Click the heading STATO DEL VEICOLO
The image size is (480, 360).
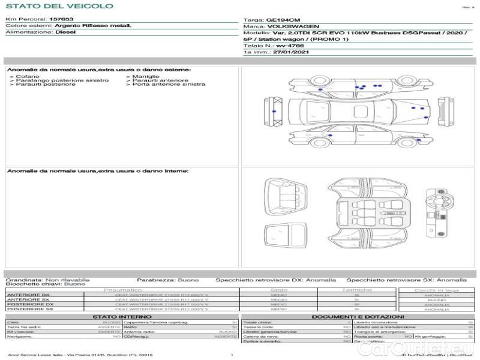click(59, 7)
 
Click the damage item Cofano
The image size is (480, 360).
click(28, 77)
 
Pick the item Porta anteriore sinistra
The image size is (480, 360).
click(169, 84)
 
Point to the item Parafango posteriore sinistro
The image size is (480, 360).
click(62, 80)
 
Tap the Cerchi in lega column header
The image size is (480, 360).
click(436, 290)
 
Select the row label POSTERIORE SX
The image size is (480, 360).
click(30, 309)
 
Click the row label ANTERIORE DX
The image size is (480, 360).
click(28, 295)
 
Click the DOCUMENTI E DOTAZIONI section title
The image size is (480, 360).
click(358, 316)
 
